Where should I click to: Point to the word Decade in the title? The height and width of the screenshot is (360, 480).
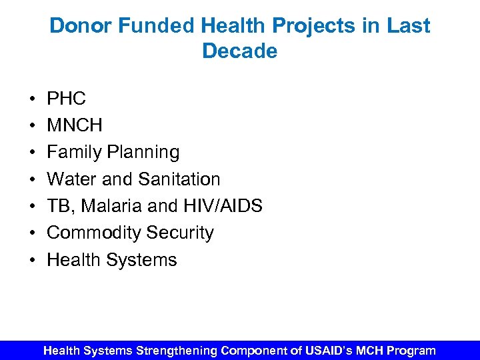(x=239, y=51)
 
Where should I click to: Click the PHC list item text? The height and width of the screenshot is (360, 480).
(x=66, y=99)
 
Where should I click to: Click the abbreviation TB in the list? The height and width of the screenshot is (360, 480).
(x=59, y=206)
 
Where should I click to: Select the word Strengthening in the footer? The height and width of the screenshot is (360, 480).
(x=177, y=350)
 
